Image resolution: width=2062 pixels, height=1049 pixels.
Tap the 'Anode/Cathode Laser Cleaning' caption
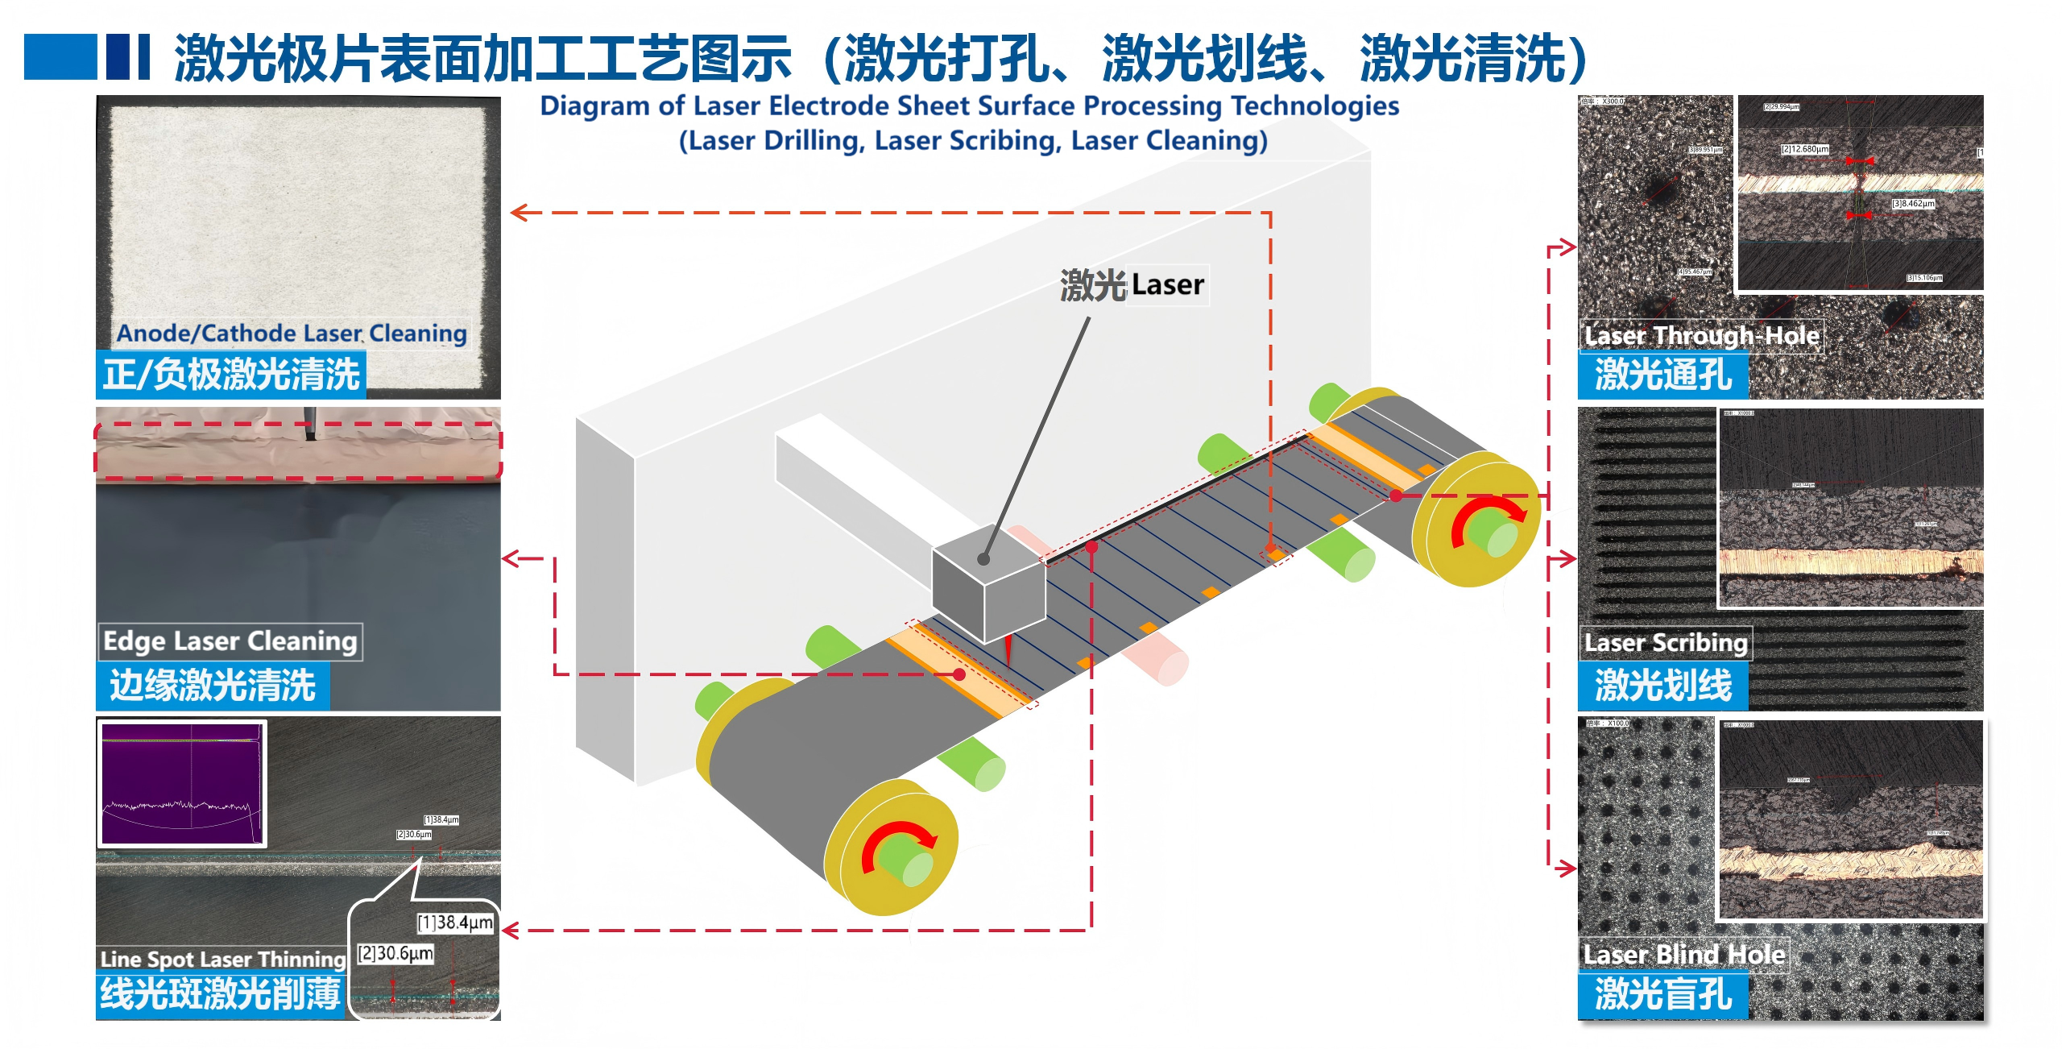[292, 333]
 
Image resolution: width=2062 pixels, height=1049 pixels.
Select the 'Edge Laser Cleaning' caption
[230, 641]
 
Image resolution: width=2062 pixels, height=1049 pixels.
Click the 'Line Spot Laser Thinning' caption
[222, 959]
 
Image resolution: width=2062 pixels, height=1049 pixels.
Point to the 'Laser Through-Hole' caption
[1701, 335]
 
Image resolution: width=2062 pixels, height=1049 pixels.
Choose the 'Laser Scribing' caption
[1666, 643]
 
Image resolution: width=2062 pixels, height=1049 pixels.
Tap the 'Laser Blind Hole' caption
[1683, 955]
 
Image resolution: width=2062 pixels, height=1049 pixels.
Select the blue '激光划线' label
[1662, 686]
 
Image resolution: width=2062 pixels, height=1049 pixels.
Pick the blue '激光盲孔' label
[1662, 994]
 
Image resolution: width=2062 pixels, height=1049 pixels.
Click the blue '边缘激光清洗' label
[213, 686]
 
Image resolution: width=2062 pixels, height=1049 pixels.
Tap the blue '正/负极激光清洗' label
[231, 375]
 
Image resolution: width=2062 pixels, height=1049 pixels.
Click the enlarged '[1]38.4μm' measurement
[455, 923]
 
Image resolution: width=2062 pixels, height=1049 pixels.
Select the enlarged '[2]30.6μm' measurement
[395, 954]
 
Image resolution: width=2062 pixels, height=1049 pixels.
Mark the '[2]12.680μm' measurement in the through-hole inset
[1804, 149]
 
